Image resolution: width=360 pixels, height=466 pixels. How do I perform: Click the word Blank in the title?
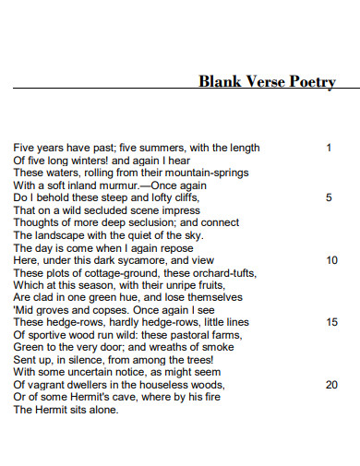(x=218, y=82)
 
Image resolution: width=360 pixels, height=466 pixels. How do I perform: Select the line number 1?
(x=329, y=147)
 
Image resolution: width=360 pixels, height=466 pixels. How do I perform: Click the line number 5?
(x=329, y=197)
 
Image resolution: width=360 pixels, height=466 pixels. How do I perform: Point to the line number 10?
(x=331, y=260)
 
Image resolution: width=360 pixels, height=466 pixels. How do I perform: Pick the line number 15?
(x=331, y=322)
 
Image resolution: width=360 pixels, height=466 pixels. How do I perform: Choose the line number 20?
(x=331, y=385)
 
